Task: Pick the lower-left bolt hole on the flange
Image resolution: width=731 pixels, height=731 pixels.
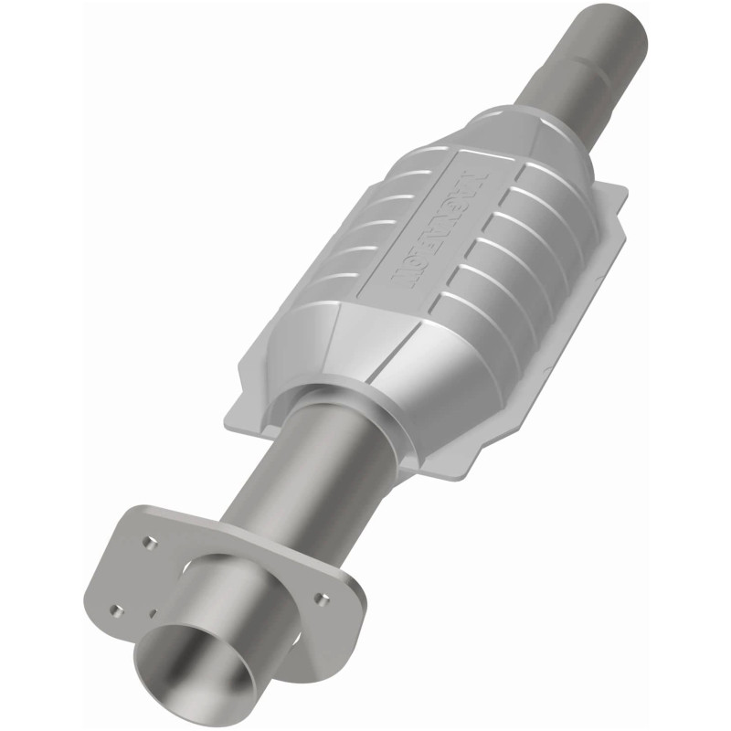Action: coord(115,609)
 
